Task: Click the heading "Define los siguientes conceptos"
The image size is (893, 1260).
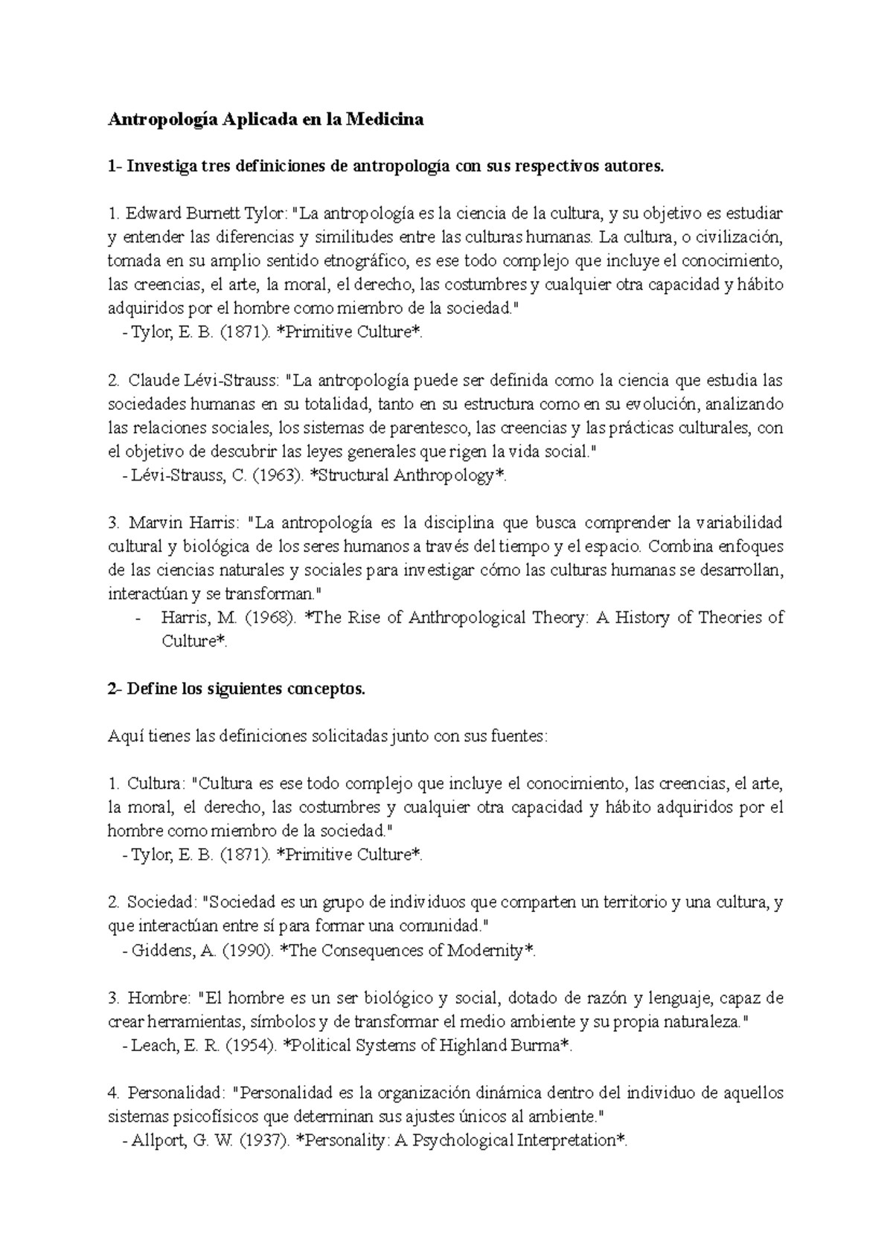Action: pyautogui.click(x=246, y=689)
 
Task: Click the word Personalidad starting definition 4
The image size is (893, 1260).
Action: pyautogui.click(x=175, y=1093)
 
